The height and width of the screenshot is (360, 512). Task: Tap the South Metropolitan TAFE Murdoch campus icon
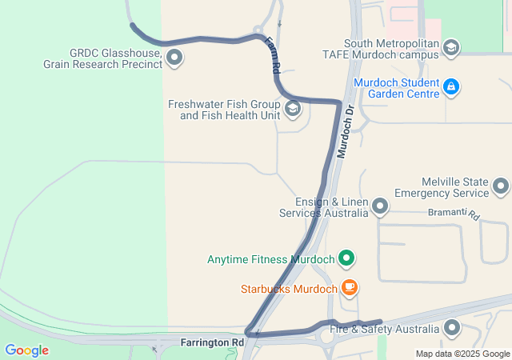pos(450,48)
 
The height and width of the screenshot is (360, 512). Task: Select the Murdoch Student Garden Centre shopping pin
pos(450,86)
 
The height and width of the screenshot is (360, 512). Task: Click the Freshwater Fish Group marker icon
pos(292,108)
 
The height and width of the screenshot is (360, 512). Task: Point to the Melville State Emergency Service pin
pos(501,186)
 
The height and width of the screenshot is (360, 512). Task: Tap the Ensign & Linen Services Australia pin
pos(380,206)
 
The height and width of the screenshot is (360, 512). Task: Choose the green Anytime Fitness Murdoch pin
pos(346,258)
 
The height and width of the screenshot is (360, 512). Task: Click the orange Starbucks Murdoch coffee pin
pos(348,287)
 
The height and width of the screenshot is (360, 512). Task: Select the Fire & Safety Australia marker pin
pos(453,327)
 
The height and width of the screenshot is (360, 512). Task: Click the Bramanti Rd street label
pos(453,214)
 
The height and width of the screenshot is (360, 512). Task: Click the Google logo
pos(26,350)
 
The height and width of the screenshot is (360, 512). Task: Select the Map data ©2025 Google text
pos(462,354)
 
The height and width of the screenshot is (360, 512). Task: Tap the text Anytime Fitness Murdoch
pos(270,259)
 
